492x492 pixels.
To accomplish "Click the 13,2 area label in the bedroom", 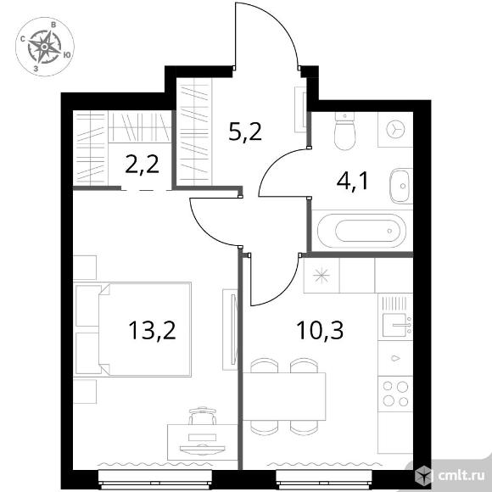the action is (x=152, y=330).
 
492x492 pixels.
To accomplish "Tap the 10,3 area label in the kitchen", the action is (x=320, y=330).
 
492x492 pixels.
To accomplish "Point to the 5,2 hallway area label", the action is (x=245, y=131).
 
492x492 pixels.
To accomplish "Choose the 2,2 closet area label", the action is (x=142, y=165).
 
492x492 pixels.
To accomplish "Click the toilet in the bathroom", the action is (x=345, y=131).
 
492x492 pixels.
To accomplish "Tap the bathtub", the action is (x=361, y=231).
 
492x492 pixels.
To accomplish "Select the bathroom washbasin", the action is (x=400, y=186).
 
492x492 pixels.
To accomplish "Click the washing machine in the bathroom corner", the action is (x=395, y=129).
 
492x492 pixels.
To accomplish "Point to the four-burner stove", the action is (x=395, y=394).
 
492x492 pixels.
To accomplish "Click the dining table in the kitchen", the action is (x=284, y=396).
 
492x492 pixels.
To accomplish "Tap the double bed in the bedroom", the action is (x=133, y=329).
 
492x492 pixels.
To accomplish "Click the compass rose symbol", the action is (x=45, y=47).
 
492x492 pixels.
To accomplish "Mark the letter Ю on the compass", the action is (x=66, y=54).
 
